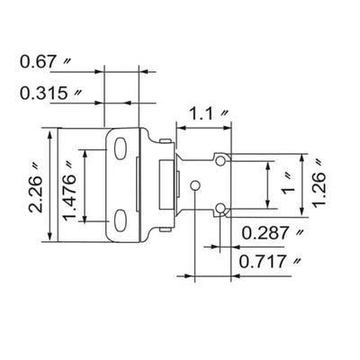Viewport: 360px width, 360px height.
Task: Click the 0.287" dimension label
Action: click(275, 233)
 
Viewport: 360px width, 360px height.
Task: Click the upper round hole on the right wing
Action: click(221, 159)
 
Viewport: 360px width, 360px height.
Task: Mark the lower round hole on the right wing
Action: click(221, 210)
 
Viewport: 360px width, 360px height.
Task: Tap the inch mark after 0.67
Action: click(68, 61)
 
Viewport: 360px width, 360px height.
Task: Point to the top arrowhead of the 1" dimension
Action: click(269, 164)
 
